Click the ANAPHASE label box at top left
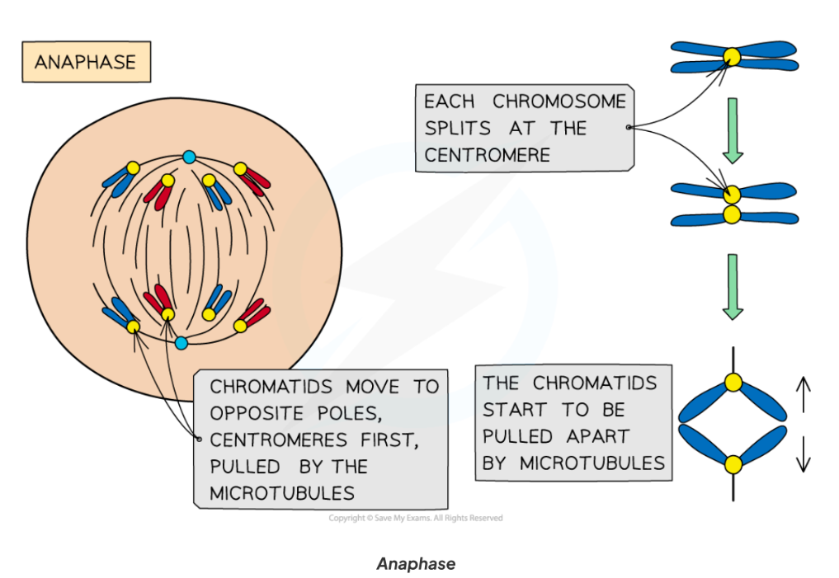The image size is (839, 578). click(86, 62)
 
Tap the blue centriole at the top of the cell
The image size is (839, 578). click(189, 157)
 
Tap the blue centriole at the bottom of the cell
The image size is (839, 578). click(181, 342)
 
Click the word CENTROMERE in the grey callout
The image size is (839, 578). click(487, 154)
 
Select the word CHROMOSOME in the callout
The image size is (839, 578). click(559, 101)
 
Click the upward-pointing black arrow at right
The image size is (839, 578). click(803, 394)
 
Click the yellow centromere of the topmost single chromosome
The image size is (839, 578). click(732, 56)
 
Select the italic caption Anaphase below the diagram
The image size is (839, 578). click(415, 564)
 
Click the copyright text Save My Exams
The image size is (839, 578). click(416, 518)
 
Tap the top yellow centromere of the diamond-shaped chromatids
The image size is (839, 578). click(733, 383)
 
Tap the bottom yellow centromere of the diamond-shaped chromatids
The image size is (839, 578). click(733, 464)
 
